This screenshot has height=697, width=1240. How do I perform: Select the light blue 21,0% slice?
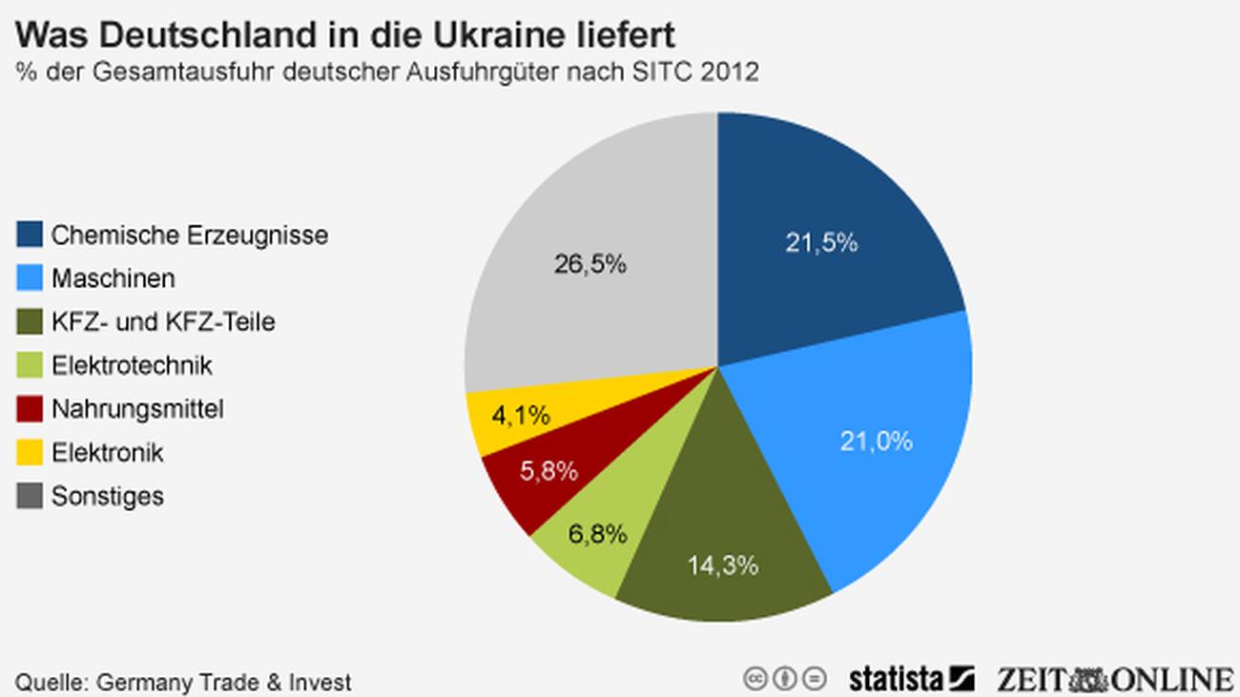click(x=873, y=439)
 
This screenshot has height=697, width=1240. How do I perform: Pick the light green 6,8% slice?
click(x=596, y=539)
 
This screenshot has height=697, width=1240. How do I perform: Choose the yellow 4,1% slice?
click(x=520, y=415)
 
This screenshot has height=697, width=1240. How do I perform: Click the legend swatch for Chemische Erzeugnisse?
click(x=30, y=235)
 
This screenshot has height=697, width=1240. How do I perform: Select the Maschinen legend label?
click(x=113, y=278)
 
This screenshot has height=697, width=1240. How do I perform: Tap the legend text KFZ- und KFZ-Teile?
click(x=162, y=322)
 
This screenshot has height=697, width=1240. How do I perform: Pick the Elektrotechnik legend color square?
click(x=30, y=366)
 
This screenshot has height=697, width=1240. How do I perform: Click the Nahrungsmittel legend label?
click(x=137, y=410)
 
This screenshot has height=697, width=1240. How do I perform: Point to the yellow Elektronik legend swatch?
click(x=30, y=453)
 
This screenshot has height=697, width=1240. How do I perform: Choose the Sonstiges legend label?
click(x=107, y=497)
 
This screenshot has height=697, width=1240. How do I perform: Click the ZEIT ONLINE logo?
click(x=1114, y=679)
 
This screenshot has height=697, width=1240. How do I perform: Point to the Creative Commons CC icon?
click(x=756, y=679)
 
